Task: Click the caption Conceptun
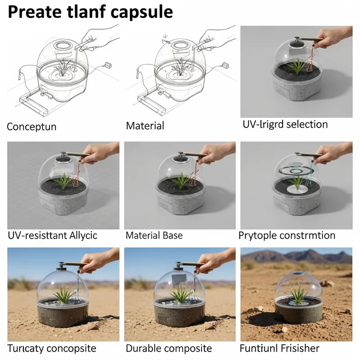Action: [31, 126]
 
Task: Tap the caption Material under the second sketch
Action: [145, 126]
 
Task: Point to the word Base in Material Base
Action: [172, 235]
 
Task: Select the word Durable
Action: [144, 348]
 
